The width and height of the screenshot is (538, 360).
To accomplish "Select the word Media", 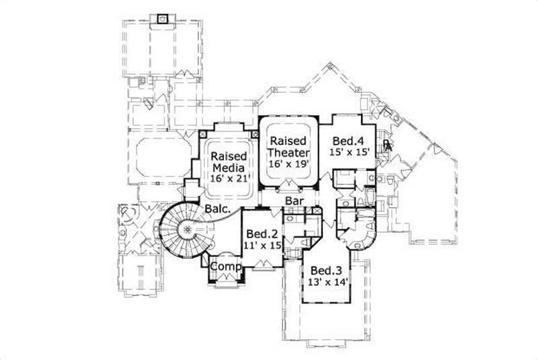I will pyautogui.click(x=228, y=168).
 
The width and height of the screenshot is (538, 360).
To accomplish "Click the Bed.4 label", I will pyautogui.click(x=348, y=141).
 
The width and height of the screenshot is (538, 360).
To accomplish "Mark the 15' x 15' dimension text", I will pyautogui.click(x=350, y=153).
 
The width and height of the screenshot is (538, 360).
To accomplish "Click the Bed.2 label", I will pyautogui.click(x=261, y=234).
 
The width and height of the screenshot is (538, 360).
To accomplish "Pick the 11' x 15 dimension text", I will pyautogui.click(x=262, y=246).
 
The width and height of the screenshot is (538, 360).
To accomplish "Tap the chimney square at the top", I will pyautogui.click(x=161, y=18).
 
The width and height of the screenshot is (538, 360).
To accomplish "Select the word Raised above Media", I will pyautogui.click(x=227, y=156).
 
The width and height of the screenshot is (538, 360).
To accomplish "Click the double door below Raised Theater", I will pyautogui.click(x=290, y=185).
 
